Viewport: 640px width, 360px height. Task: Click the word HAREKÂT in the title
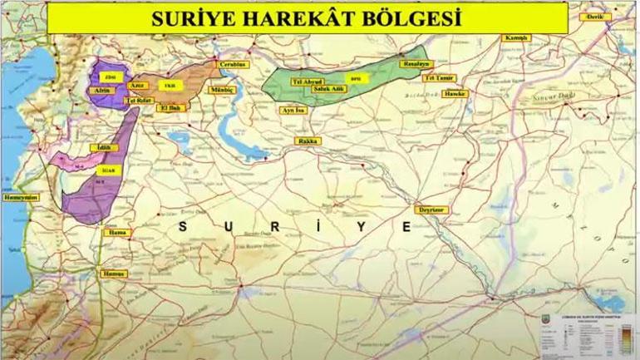288,18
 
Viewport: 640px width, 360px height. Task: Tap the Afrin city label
103,89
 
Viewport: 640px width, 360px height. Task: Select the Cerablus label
232,64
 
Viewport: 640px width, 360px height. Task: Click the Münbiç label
224,88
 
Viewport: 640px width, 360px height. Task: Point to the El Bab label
172,107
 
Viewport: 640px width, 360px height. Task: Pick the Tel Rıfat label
137,101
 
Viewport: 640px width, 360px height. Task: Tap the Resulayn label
414,63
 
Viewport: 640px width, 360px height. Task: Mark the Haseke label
456,94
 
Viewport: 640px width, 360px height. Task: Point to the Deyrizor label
433,210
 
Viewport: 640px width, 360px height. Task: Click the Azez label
138,85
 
